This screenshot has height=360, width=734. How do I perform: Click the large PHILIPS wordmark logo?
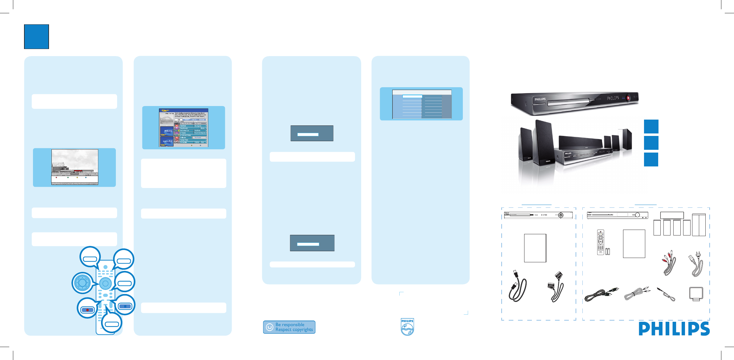click(x=674, y=329)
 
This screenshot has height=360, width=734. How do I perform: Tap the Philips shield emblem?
click(x=407, y=327)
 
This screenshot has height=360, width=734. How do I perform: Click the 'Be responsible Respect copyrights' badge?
click(x=289, y=327)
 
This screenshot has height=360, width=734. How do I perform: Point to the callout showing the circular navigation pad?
click(x=82, y=282)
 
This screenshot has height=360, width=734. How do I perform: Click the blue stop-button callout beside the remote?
click(x=125, y=306)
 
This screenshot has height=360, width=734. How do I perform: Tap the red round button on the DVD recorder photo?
click(x=628, y=98)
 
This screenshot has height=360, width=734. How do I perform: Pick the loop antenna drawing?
click(x=696, y=294)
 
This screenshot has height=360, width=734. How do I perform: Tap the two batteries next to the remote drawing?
click(x=607, y=251)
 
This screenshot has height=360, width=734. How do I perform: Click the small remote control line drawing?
click(x=600, y=242)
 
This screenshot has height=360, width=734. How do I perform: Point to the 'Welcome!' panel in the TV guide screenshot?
click(x=167, y=131)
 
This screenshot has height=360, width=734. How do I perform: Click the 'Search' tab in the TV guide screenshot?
click(x=187, y=120)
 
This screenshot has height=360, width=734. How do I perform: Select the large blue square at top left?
click(x=36, y=37)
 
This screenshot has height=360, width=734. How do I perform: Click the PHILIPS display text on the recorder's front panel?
click(x=613, y=98)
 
